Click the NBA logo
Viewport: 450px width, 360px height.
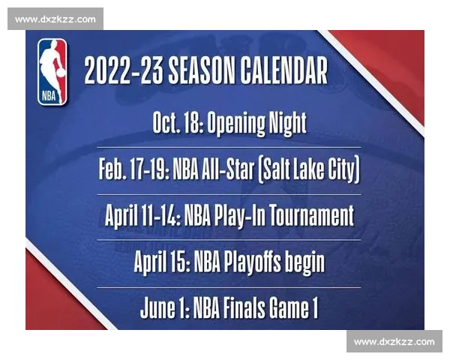coord(52,72)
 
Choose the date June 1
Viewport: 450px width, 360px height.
coord(164,308)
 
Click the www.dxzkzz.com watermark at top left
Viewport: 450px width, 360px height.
coord(56,19)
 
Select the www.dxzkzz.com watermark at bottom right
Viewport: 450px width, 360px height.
coord(394,342)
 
